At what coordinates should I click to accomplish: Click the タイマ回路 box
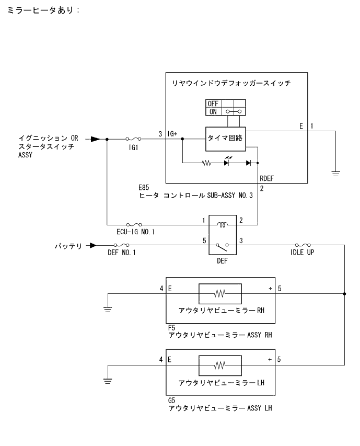(225, 139)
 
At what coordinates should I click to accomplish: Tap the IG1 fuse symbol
(133, 139)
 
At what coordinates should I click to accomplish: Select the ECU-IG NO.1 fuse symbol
(134, 225)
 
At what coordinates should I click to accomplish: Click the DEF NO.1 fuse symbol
(121, 245)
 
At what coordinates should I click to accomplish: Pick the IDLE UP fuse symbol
(303, 245)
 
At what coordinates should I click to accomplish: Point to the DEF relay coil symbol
(223, 225)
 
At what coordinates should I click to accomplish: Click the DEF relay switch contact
(223, 247)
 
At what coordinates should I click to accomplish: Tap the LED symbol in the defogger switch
(227, 162)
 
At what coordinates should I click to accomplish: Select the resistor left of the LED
(206, 163)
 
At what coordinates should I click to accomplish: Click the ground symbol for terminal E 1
(335, 173)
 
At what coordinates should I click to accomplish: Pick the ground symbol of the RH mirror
(108, 309)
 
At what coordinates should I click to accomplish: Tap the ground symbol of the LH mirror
(108, 381)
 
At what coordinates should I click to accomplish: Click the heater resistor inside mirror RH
(220, 293)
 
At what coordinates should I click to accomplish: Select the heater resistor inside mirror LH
(220, 365)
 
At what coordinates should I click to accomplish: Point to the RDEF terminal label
(266, 179)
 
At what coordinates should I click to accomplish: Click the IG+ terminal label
(172, 134)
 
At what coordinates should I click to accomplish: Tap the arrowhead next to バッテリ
(93, 245)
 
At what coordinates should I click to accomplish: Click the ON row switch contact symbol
(234, 111)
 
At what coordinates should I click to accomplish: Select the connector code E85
(144, 187)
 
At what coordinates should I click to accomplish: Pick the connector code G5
(171, 401)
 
